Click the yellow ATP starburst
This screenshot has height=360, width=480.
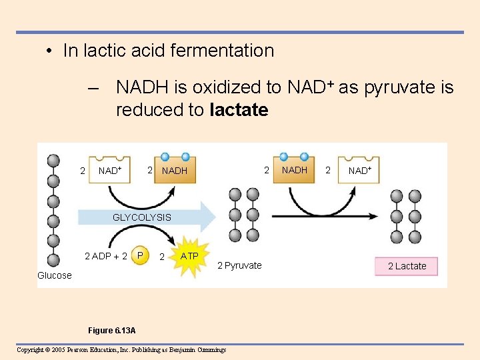tap(190, 256)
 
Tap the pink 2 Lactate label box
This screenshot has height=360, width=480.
tap(407, 266)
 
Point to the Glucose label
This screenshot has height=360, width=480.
tap(55, 275)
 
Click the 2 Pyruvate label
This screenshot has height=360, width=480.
tap(239, 265)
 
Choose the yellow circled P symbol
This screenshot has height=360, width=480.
tap(140, 255)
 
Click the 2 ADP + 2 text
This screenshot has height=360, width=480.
tap(105, 256)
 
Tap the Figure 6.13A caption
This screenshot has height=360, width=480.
tap(111, 331)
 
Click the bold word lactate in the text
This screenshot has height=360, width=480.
tap(238, 110)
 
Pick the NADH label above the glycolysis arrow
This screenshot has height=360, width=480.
tap(175, 171)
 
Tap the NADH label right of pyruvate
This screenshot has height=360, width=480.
tap(294, 170)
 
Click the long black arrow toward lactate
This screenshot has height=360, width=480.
tap(327, 216)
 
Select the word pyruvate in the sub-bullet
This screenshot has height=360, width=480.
tap(399, 87)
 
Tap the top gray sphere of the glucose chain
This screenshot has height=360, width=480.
tap(53, 161)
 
